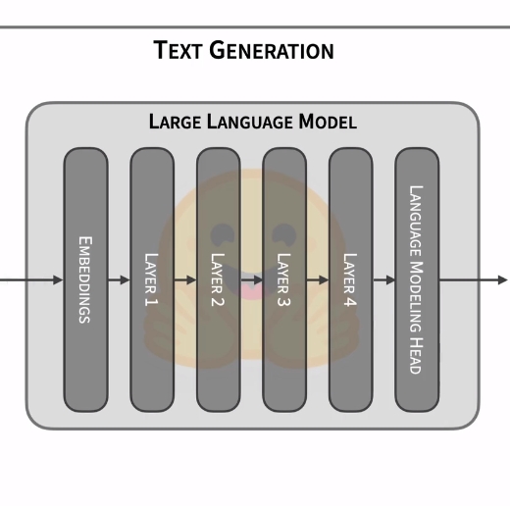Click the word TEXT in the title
tap(177, 50)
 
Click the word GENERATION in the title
tap(272, 50)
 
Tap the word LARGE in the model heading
tap(175, 122)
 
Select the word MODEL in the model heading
tap(328, 122)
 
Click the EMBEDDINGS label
tap(85, 279)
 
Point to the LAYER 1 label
tap(151, 279)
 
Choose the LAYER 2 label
tap(218, 279)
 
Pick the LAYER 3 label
tap(283, 279)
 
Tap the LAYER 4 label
tap(350, 279)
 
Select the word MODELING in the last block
tap(416, 297)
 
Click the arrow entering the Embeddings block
tap(31, 280)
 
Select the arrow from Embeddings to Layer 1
tap(119, 280)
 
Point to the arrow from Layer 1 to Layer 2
tap(185, 280)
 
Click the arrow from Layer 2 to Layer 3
tap(252, 280)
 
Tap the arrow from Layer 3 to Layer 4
tap(318, 280)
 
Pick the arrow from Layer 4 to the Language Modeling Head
tap(384, 280)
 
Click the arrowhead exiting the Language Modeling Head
tap(503, 280)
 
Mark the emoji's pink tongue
tap(251, 291)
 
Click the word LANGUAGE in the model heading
tap(250, 122)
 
